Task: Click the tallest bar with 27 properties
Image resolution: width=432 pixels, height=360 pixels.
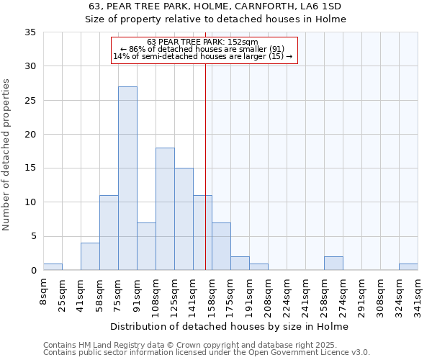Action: tap(127, 179)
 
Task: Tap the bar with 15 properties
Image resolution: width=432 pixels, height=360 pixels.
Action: tap(184, 219)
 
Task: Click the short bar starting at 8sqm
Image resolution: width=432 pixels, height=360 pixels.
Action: tap(53, 267)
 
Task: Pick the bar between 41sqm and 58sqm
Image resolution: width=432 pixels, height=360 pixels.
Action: tap(90, 257)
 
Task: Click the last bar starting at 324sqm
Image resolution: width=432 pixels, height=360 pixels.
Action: tap(408, 267)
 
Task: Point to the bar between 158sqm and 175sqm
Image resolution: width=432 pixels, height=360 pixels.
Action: tap(221, 246)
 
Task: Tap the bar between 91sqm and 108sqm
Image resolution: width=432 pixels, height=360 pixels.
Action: tap(146, 246)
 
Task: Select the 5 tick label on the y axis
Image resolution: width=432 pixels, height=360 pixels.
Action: tap(33, 237)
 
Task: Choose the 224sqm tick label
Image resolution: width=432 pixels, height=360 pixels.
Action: tap(287, 296)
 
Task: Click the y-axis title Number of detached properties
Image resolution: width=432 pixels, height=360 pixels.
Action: tap(7, 155)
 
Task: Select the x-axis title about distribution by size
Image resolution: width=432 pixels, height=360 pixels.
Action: tap(230, 327)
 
